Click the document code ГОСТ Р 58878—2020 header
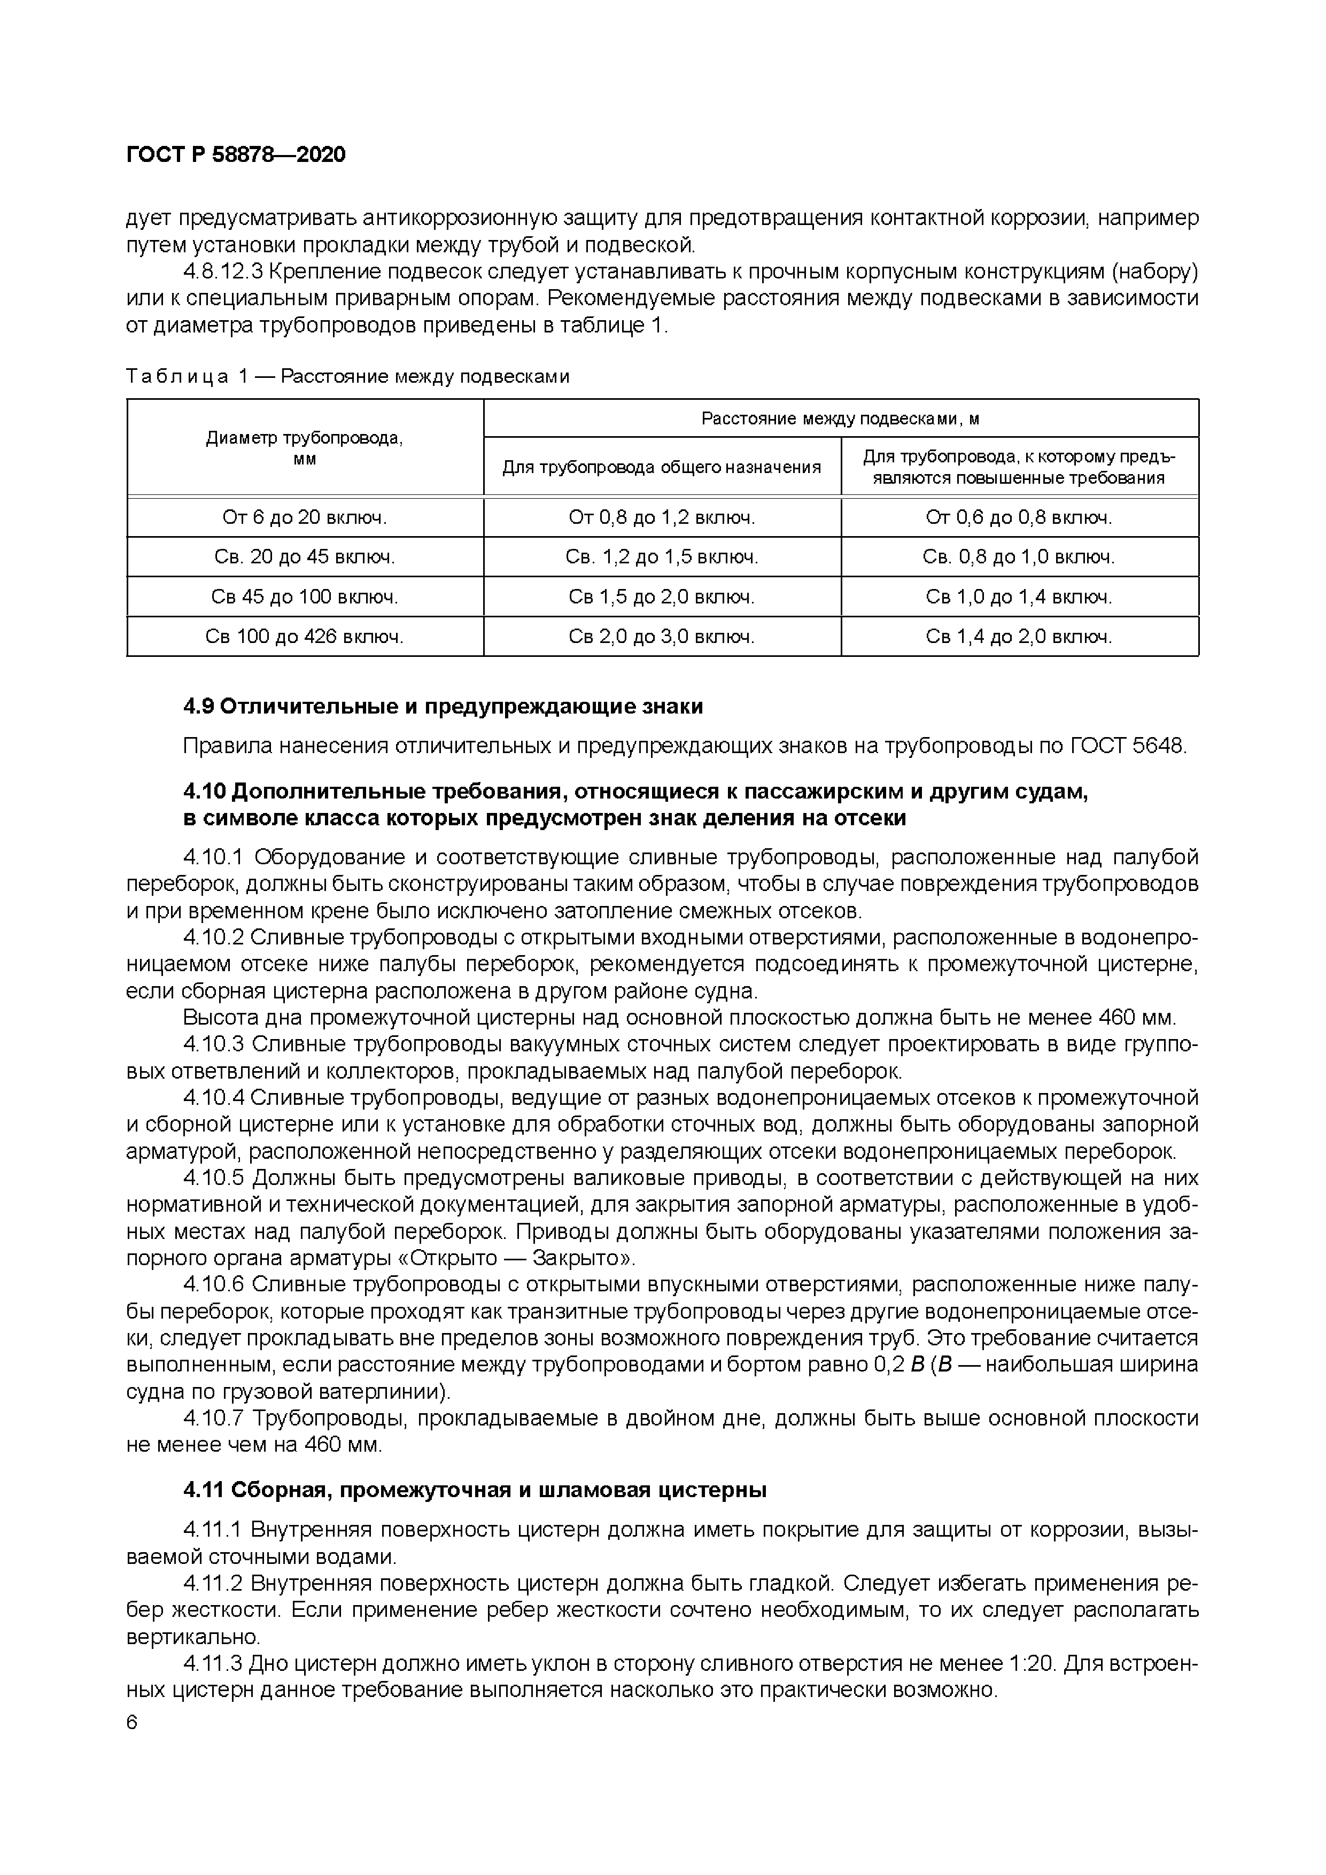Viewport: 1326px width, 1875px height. pos(236,154)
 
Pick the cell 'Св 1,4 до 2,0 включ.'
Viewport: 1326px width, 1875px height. pos(1019,636)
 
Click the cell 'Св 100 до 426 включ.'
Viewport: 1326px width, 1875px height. pos(305,636)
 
